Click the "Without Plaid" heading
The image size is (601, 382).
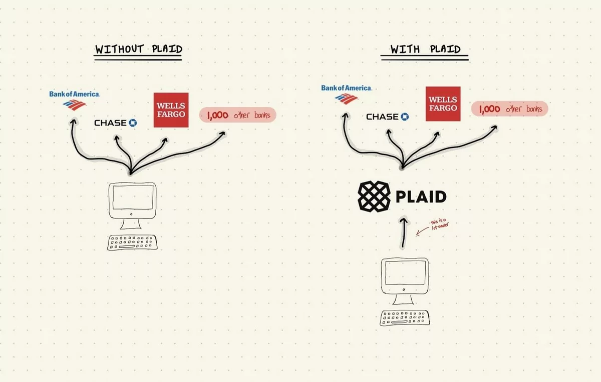click(x=139, y=49)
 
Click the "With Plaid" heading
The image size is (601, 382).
click(x=425, y=49)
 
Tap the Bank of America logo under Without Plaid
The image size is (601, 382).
click(x=74, y=100)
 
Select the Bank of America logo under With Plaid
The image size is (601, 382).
click(x=347, y=94)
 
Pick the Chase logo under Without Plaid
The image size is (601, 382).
click(x=115, y=123)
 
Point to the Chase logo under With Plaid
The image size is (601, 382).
click(x=388, y=117)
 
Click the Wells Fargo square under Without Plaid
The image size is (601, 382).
click(x=171, y=110)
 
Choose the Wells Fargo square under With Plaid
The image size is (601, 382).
click(x=443, y=103)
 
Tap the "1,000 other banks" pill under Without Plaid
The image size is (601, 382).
click(x=238, y=115)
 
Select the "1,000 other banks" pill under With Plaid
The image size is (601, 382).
click(x=509, y=109)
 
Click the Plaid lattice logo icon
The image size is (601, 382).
click(x=374, y=196)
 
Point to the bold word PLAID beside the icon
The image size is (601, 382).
click(x=421, y=197)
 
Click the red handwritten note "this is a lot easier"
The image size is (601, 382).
click(x=440, y=225)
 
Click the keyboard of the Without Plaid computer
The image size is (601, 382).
click(x=132, y=242)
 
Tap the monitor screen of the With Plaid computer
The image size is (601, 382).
click(x=405, y=273)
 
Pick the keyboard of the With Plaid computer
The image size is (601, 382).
click(x=405, y=318)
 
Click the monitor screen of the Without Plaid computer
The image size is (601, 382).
click(x=133, y=197)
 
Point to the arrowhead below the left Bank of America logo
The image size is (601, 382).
click(x=73, y=121)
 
